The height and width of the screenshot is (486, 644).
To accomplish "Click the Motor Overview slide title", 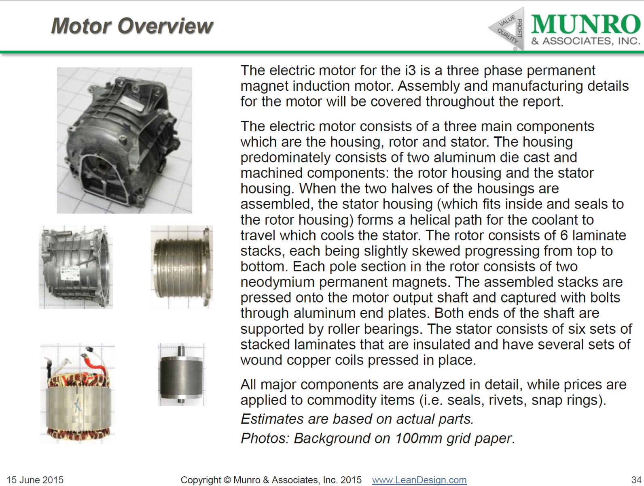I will point(132,26).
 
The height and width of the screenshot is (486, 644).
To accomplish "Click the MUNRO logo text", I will point(585,24).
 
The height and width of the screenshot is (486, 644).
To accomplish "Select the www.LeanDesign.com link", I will point(419,480).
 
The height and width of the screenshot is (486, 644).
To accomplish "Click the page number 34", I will point(636,480).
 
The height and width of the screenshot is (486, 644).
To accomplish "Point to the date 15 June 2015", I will point(35,480).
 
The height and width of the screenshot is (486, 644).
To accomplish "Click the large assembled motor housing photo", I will point(124,140).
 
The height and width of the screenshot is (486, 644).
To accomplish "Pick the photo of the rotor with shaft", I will point(181,375).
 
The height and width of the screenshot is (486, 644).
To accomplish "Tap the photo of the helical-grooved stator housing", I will point(182,267).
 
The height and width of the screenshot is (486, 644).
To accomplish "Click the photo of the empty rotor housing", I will point(76,267).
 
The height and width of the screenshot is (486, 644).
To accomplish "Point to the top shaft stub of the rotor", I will point(181,350).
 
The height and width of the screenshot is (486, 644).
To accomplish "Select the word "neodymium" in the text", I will point(272,282).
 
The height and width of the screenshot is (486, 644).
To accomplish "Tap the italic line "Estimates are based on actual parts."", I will point(357,419).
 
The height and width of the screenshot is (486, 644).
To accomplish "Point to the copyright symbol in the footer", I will point(227,480).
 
